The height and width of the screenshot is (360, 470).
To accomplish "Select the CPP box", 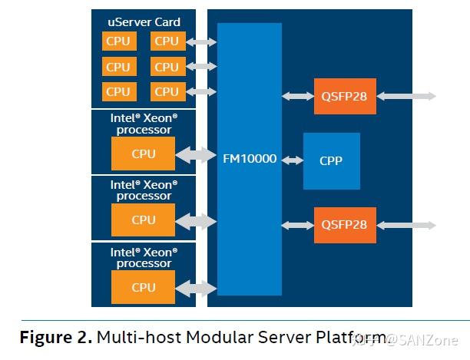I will (x=331, y=161).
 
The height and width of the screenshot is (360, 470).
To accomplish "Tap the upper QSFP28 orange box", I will (x=345, y=96).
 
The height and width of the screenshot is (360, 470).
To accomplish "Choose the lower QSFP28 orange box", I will (x=345, y=225).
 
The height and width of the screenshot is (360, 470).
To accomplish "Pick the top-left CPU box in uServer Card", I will (x=118, y=41).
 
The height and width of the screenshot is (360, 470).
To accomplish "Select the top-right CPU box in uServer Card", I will (x=166, y=41).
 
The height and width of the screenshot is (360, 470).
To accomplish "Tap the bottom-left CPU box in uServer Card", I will (x=118, y=91).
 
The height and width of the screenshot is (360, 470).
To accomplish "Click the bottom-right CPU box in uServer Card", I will (x=166, y=91).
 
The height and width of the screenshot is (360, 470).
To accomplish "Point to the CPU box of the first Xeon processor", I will (x=143, y=154).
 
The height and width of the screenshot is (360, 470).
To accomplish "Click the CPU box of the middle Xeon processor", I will (x=143, y=220).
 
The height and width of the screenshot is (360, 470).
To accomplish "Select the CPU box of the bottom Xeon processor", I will (x=143, y=287).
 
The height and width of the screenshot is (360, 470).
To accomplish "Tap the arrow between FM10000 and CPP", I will (x=293, y=160).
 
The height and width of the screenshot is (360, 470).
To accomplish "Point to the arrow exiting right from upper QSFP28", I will (x=406, y=96).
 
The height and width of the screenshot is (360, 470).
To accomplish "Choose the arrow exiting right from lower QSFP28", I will (x=406, y=225).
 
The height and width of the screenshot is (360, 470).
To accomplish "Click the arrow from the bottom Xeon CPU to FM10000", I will (x=196, y=288).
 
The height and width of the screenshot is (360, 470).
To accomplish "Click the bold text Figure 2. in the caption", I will (x=55, y=337).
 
